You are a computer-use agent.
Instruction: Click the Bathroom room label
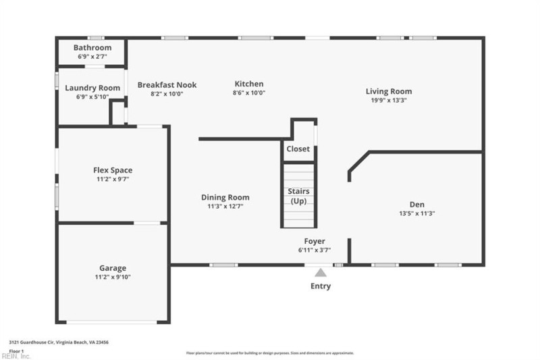click(92, 48)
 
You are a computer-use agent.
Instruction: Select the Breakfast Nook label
click(167, 84)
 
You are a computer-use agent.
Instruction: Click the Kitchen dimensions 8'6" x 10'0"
click(249, 93)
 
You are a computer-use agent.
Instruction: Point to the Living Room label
click(389, 91)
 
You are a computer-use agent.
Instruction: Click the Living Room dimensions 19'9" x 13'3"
click(389, 100)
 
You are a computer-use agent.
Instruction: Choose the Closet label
click(298, 149)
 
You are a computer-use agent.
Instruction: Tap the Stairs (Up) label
click(298, 197)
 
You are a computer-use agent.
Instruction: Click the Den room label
click(417, 205)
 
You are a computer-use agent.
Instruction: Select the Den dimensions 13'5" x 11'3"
click(417, 213)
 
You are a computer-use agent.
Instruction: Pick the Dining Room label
click(225, 197)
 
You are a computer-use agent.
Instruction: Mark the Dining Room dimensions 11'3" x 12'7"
click(225, 206)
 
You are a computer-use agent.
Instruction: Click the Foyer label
click(315, 241)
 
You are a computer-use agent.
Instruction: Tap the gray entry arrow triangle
click(321, 272)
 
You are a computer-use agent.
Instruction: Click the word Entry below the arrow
click(321, 286)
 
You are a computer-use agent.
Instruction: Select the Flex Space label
click(113, 170)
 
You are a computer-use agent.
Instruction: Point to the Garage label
click(113, 268)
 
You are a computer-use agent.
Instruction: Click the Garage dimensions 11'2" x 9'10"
click(113, 277)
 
